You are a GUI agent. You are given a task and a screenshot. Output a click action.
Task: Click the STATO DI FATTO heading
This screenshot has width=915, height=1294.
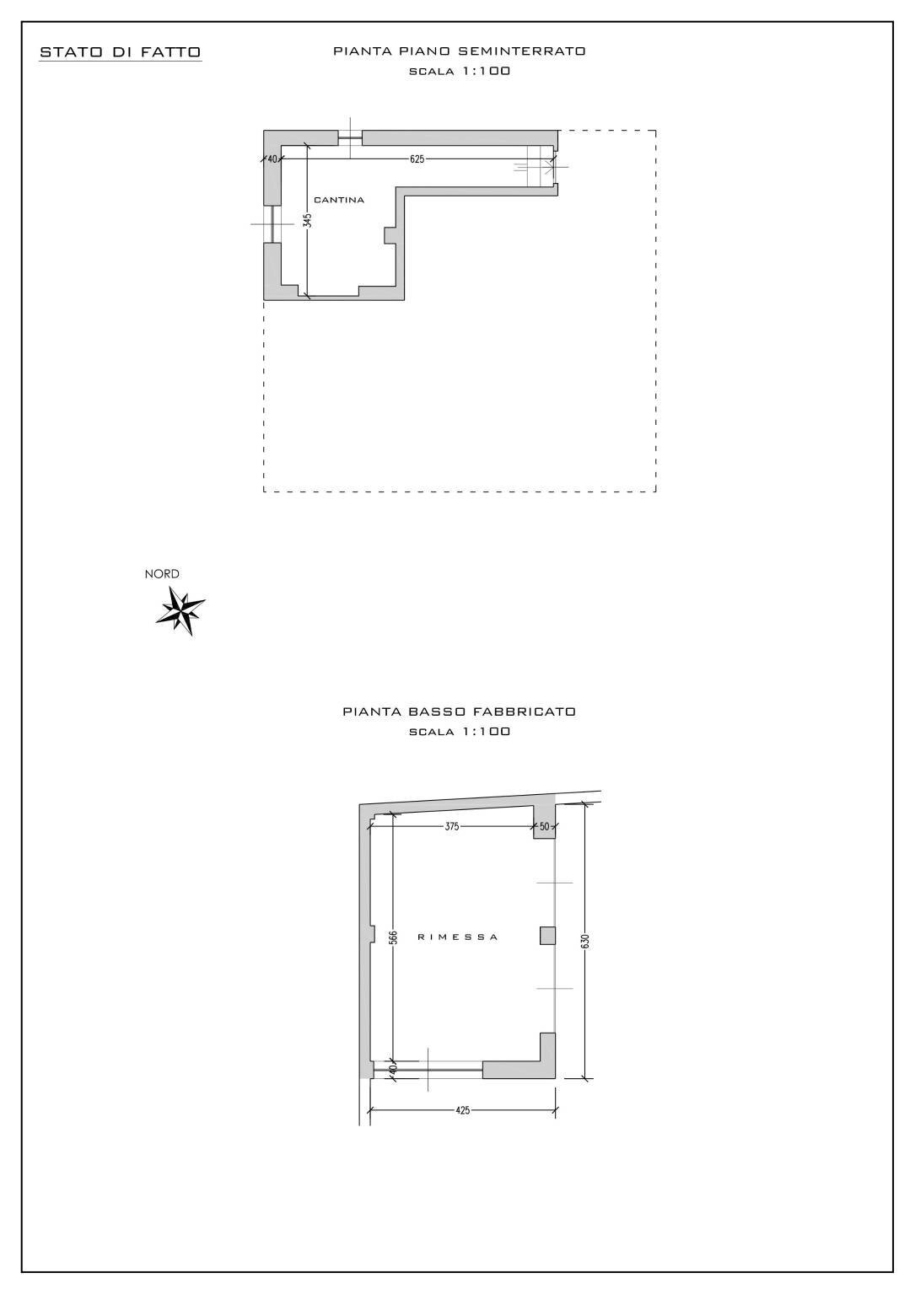[x=121, y=52]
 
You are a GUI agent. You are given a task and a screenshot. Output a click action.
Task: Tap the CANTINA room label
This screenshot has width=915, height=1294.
[x=339, y=200]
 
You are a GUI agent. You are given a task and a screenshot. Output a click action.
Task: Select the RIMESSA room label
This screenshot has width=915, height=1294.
[x=458, y=937]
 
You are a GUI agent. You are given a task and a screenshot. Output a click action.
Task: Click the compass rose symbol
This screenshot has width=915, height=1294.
[x=180, y=609]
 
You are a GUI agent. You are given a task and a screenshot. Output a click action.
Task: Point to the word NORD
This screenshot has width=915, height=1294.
[x=162, y=574]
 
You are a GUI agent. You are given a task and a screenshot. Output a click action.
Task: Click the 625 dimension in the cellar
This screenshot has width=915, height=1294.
[x=417, y=158]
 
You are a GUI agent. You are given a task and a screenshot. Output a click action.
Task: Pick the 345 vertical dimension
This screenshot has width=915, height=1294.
[x=308, y=221]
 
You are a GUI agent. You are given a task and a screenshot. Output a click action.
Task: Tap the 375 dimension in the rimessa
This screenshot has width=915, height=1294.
[x=452, y=826]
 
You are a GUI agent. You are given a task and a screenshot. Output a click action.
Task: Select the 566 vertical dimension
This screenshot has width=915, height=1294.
[x=393, y=938]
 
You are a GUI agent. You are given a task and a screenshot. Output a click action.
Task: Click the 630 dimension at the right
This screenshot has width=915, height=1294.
[x=585, y=941]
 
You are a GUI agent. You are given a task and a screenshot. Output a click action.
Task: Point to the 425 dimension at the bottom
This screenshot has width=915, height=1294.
[x=463, y=1110]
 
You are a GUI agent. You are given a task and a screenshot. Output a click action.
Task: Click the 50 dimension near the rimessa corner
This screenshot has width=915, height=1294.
[x=544, y=826]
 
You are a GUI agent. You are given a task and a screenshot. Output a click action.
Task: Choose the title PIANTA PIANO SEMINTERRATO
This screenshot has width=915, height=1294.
[x=459, y=51]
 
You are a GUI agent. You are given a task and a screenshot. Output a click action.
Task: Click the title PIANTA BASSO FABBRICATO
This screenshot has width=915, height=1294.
[x=459, y=711]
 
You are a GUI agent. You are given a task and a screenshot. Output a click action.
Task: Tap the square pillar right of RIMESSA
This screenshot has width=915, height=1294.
[x=548, y=935]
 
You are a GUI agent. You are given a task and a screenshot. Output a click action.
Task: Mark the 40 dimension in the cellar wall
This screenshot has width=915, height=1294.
[x=272, y=158]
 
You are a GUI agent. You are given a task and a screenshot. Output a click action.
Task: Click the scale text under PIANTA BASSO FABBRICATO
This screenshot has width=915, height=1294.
[x=459, y=732]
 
